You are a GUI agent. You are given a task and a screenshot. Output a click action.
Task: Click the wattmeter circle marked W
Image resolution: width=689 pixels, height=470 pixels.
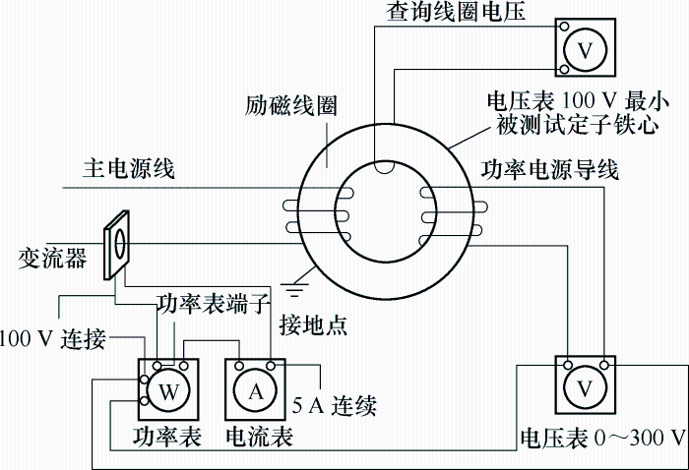point(169,390)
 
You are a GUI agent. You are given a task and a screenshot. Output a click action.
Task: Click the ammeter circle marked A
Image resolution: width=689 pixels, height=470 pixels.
point(256,390)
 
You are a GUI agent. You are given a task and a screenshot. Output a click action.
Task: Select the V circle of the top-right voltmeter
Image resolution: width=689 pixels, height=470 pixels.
point(586,49)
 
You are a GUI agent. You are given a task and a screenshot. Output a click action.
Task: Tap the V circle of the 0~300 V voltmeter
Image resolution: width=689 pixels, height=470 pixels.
point(585,387)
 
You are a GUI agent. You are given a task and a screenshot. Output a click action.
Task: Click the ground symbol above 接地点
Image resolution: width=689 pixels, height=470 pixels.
point(294,290)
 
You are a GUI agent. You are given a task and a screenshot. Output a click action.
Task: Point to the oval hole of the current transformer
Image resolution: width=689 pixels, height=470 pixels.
point(120,242)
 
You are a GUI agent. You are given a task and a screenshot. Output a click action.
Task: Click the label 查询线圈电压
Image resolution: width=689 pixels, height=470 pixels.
point(456,11)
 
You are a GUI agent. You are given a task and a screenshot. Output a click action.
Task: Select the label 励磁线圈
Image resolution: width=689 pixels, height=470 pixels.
point(291,106)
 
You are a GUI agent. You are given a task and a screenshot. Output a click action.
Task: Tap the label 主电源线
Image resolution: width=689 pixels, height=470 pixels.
point(129,169)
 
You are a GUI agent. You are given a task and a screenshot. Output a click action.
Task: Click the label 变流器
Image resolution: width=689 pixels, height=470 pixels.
point(52,259)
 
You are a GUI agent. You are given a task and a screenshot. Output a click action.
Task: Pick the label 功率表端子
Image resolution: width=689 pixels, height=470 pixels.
point(214,304)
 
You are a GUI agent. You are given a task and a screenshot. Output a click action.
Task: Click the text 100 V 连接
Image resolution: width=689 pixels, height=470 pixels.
point(53,339)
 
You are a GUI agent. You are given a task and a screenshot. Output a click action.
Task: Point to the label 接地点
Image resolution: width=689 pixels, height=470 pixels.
point(313,325)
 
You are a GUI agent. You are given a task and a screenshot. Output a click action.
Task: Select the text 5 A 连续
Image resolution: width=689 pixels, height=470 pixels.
point(335,405)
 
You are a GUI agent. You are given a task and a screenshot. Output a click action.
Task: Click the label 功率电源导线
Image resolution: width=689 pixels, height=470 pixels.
point(549,170)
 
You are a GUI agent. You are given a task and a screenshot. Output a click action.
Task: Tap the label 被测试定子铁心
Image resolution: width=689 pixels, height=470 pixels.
point(578,125)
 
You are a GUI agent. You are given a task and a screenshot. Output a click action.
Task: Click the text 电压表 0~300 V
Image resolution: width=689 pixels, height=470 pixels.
point(602,438)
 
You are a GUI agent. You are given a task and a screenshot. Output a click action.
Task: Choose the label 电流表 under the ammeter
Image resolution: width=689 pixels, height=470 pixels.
point(259,437)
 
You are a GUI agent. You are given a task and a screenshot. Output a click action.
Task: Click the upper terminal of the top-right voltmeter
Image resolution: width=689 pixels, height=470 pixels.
point(564,27)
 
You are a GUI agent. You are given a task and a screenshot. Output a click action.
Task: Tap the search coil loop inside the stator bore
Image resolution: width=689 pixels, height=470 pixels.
point(384,168)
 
